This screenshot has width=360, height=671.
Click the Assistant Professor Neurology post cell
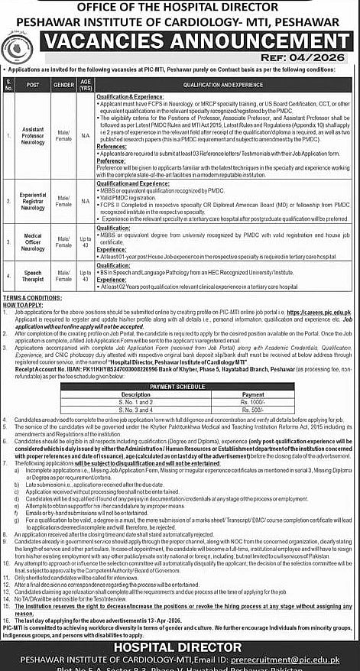point(33,135)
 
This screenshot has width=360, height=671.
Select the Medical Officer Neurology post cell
point(33,242)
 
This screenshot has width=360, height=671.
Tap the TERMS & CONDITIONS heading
point(31,297)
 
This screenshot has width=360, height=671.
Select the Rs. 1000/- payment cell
point(251,402)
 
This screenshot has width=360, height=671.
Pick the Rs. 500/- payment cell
point(251,410)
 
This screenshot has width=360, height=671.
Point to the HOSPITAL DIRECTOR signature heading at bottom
point(180,647)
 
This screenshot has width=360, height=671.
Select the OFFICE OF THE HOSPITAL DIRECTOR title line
point(180,6)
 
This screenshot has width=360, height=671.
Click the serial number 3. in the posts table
point(8,242)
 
